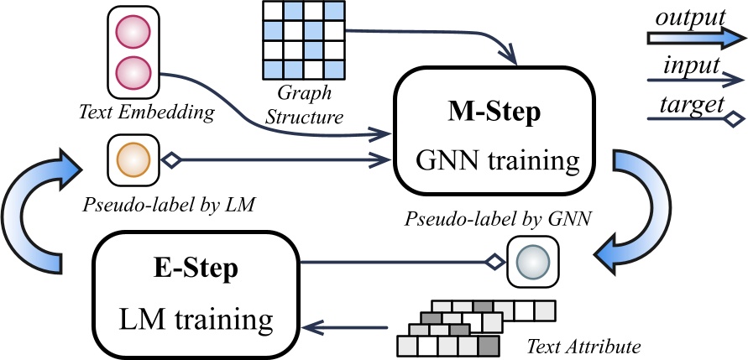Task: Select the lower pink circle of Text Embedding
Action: [133, 71]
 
